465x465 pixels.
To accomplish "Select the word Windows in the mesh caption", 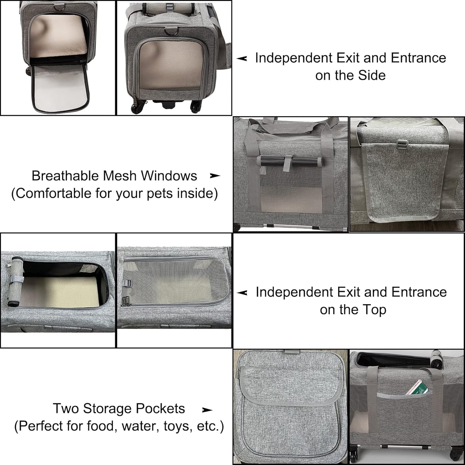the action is pos(169,176).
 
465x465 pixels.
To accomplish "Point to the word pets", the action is pos(160,194).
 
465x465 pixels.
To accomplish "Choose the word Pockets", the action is pos(160,409).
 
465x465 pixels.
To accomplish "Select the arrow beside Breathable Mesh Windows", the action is pos(215,176).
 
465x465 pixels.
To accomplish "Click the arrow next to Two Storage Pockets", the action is pos(207,410).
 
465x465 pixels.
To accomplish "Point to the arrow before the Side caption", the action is pos(242,58).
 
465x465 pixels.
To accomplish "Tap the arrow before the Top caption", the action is pos(242,293).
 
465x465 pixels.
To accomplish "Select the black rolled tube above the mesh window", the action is pos(289,161).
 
